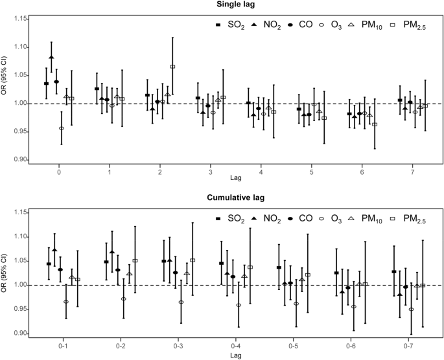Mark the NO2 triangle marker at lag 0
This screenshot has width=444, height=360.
pyautogui.click(x=51, y=58)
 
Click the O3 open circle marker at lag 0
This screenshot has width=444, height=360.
pyautogui.click(x=62, y=128)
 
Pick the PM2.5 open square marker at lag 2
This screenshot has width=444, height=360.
pyautogui.click(x=172, y=67)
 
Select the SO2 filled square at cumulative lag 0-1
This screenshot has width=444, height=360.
pyautogui.click(x=49, y=264)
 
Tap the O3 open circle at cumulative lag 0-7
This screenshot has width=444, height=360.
pyautogui.click(x=411, y=309)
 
